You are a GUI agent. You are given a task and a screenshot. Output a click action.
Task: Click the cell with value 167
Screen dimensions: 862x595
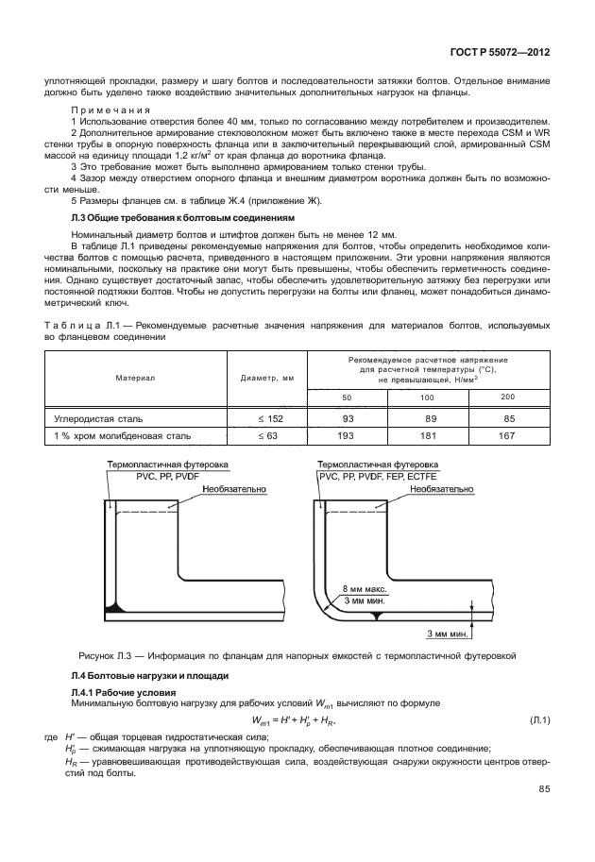point(507,436)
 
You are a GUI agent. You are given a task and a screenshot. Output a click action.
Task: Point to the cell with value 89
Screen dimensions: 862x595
point(427,417)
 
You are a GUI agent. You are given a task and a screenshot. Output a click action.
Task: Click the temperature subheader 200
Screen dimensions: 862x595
point(507,397)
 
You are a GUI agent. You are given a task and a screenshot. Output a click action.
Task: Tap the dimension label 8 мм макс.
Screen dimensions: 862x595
point(365,587)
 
